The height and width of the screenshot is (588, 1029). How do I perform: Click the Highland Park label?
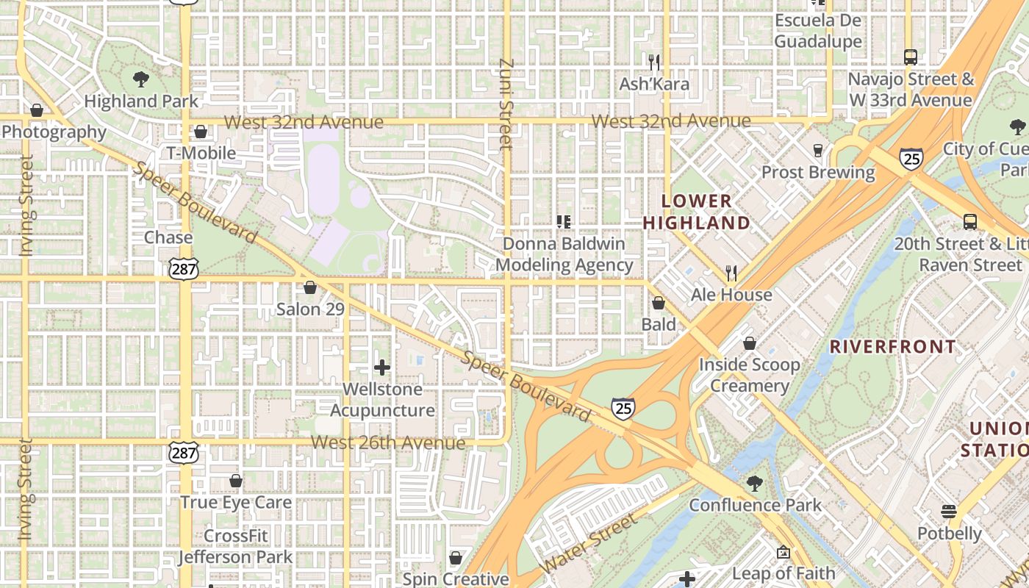coord(141,101)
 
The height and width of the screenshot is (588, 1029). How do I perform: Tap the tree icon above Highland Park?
coord(141,79)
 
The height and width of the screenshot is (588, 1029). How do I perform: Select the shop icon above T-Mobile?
coord(201,132)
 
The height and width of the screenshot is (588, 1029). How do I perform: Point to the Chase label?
coord(168,237)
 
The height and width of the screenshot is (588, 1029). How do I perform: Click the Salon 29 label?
coord(310,309)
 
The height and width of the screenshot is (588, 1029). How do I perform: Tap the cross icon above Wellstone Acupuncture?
coord(381,367)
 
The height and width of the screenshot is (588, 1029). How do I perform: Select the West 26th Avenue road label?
coord(387,442)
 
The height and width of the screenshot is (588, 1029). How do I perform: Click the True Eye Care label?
coord(236,503)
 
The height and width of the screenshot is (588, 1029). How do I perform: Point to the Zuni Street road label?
coord(504,104)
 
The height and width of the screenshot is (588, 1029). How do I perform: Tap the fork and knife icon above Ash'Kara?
coord(654,62)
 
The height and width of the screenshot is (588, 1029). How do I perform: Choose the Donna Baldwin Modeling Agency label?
coord(564,254)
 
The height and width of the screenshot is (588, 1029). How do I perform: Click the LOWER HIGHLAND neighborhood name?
coord(697,212)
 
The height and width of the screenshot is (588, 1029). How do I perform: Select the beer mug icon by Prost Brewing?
coord(817,151)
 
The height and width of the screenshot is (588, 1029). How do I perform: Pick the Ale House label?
coord(731,295)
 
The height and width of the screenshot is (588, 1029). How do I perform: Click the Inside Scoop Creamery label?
coord(749,375)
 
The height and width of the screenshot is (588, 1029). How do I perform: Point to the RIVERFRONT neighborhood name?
coord(893,347)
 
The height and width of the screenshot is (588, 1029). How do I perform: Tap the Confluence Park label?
coord(755,505)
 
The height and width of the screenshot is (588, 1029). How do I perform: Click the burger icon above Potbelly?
coord(949,512)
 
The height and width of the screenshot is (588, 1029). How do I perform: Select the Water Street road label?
coord(589,544)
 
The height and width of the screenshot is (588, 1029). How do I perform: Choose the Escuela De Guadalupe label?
coord(817,31)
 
